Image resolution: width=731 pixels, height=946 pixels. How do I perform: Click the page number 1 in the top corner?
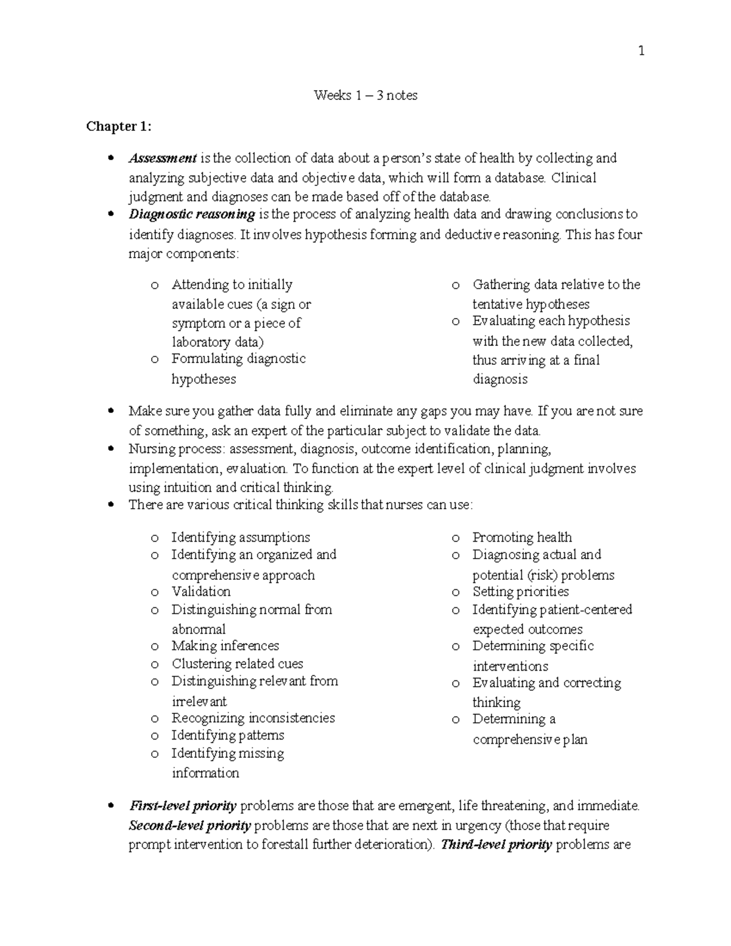pyautogui.click(x=641, y=51)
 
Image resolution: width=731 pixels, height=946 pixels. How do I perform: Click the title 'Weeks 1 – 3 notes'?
pyautogui.click(x=365, y=95)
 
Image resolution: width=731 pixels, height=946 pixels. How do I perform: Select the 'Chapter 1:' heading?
pyautogui.click(x=119, y=126)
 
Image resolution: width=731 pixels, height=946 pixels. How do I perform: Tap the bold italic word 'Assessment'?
pyautogui.click(x=163, y=158)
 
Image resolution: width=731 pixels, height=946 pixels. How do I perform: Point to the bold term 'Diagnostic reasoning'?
pyautogui.click(x=192, y=214)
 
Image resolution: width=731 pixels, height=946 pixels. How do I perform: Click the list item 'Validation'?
pyautogui.click(x=201, y=591)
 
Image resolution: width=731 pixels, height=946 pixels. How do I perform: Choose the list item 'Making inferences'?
pyautogui.click(x=225, y=646)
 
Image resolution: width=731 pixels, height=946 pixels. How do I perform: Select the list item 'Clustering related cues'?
pyautogui.click(x=237, y=663)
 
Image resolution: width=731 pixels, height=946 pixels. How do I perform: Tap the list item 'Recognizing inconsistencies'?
pyautogui.click(x=253, y=718)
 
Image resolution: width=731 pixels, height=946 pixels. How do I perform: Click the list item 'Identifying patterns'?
pyautogui.click(x=228, y=735)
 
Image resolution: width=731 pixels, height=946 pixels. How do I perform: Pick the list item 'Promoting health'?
pyautogui.click(x=522, y=537)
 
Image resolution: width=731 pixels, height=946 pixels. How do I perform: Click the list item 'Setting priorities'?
pyautogui.click(x=520, y=591)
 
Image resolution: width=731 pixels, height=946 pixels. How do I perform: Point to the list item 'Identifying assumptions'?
pyautogui.click(x=241, y=537)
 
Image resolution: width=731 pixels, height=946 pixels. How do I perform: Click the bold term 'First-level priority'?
pyautogui.click(x=183, y=806)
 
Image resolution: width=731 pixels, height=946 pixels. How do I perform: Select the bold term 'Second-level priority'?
pyautogui.click(x=190, y=826)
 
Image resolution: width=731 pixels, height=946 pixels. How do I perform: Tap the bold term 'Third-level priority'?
pyautogui.click(x=496, y=845)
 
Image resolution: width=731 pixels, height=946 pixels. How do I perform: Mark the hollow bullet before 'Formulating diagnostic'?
pyautogui.click(x=155, y=359)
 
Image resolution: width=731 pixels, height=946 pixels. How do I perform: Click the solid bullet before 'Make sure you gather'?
pyautogui.click(x=110, y=412)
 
